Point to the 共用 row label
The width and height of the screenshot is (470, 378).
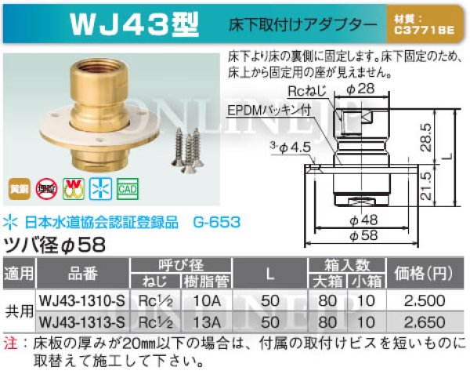point(20,311)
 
